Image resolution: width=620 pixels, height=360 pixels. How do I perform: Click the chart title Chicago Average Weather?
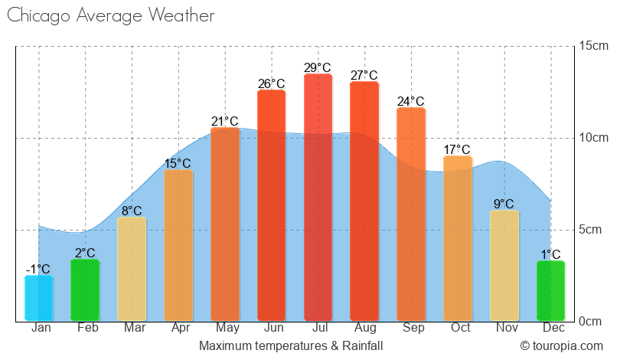coord(110,16)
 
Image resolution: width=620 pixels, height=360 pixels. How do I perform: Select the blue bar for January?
coord(39,298)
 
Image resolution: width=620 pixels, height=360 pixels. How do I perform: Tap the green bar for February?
coord(85,290)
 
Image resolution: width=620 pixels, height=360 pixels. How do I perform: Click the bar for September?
coord(411,214)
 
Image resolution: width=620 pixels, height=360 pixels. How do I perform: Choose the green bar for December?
coord(550,291)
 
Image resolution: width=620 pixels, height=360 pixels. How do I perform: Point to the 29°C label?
coord(318,68)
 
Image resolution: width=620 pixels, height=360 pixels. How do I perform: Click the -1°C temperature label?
coord(38,270)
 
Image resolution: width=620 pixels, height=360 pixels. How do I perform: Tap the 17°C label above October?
coord(457,150)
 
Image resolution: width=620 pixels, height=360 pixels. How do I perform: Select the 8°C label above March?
coord(132,211)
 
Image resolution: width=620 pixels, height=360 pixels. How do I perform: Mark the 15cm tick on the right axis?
coord(593,46)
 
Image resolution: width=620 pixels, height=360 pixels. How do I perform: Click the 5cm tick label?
coord(593,230)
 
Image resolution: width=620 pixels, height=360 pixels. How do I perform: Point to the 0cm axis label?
coord(593,322)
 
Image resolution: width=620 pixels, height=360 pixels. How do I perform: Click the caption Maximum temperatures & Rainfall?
coord(291,346)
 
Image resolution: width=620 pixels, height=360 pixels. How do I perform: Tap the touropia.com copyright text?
coord(562,346)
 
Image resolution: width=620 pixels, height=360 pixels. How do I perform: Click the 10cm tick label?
coord(593,138)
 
